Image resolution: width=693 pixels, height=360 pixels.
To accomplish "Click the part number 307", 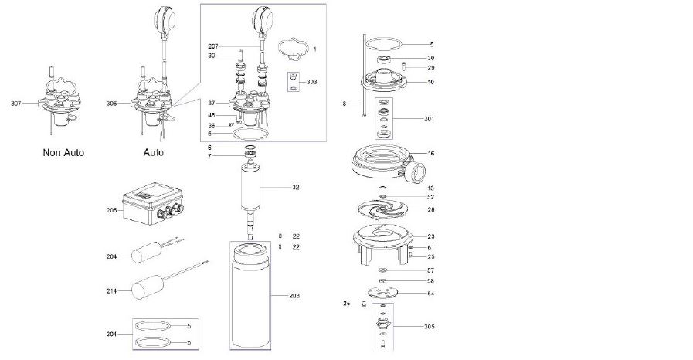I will [x=16, y=103].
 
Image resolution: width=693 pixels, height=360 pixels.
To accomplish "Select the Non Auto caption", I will [x=63, y=152].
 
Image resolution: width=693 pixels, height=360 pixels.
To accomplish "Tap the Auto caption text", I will [x=154, y=152].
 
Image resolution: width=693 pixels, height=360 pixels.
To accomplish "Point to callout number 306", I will [x=112, y=103].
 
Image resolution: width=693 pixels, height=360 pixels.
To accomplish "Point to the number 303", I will [x=311, y=81].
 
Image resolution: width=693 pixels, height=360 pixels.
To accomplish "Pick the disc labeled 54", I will [x=384, y=294].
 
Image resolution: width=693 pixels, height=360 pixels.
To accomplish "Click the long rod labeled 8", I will [x=362, y=77].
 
